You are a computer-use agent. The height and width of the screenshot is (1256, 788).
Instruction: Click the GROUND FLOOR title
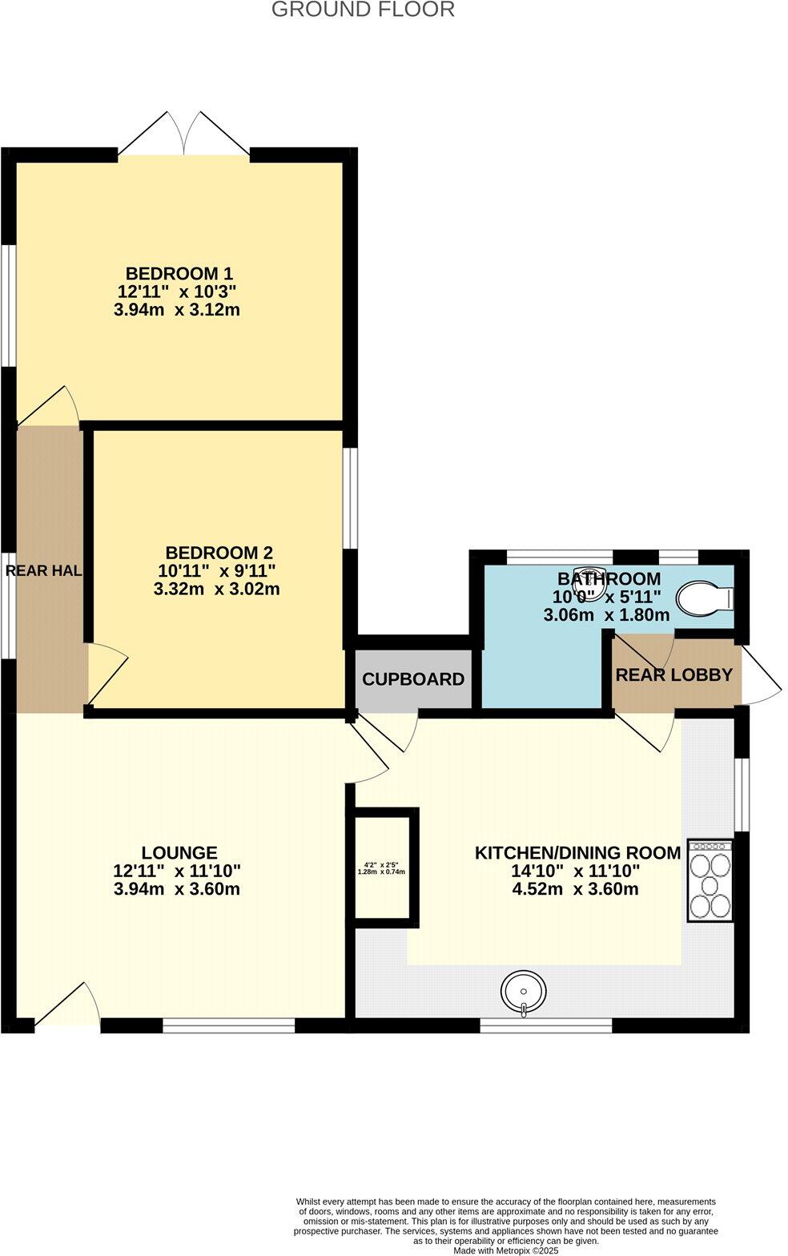tap(363, 10)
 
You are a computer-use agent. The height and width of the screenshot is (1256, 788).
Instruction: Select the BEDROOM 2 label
tap(219, 553)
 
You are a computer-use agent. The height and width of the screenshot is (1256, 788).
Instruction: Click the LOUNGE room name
tap(179, 853)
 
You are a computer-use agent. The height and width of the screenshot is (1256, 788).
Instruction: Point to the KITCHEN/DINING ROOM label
tap(577, 853)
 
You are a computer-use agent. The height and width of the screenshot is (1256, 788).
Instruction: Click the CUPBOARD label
tap(413, 679)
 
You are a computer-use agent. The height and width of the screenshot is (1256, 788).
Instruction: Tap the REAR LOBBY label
tap(673, 674)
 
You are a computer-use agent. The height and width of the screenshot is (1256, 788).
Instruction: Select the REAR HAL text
tap(44, 571)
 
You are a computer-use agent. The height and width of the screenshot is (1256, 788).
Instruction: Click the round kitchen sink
tap(524, 992)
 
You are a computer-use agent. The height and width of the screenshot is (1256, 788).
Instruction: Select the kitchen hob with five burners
tap(710, 880)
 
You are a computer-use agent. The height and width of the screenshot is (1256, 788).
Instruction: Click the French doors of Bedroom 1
tap(184, 134)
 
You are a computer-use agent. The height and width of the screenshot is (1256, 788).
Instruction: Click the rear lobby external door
tap(760, 676)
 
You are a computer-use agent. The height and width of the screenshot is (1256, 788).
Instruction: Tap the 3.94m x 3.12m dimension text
tap(177, 310)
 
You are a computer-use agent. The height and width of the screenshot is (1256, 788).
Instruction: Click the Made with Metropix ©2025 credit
tap(505, 1250)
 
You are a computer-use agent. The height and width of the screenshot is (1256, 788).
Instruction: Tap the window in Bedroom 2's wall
tap(350, 497)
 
